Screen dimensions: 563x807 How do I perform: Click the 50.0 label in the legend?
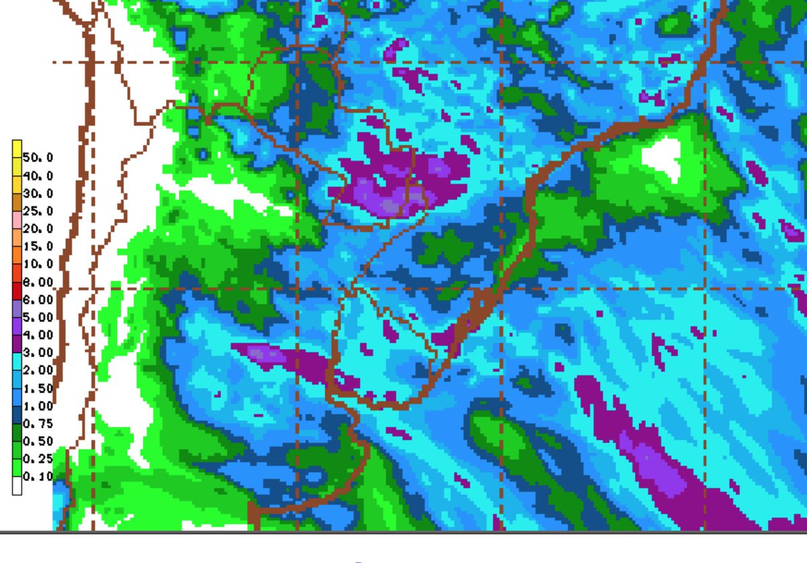(x=38, y=158)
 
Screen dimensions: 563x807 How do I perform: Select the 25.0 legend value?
(x=38, y=211)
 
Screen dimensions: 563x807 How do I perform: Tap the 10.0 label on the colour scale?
(x=38, y=264)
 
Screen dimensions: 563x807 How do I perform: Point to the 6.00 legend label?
(x=38, y=299)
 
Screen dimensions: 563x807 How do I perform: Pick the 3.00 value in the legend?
(x=38, y=352)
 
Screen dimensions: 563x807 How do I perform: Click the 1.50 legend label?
(x=38, y=388)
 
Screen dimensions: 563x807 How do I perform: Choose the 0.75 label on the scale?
(x=38, y=424)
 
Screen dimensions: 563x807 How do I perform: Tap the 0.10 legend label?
(x=38, y=477)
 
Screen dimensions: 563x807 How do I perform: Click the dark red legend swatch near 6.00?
(x=17, y=291)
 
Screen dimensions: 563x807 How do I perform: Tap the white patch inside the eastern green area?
(x=662, y=155)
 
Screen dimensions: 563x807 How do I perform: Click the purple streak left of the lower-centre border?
(x=282, y=357)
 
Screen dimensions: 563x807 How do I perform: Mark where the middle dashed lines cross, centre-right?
(x=503, y=290)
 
